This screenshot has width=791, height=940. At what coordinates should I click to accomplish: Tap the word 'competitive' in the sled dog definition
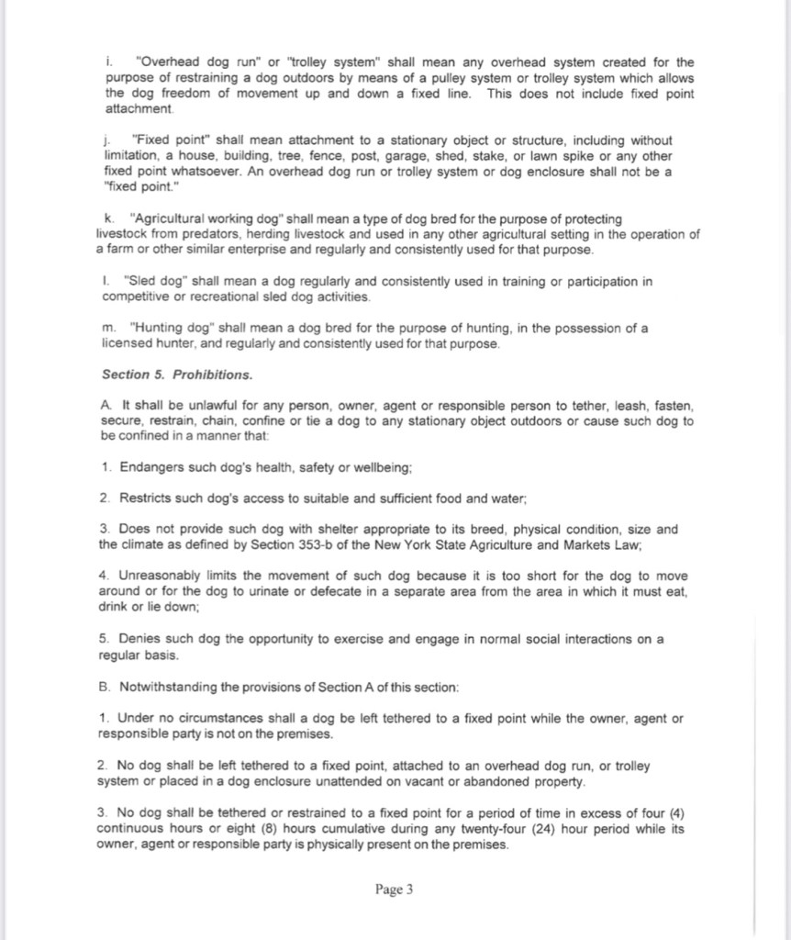coord(132,297)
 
